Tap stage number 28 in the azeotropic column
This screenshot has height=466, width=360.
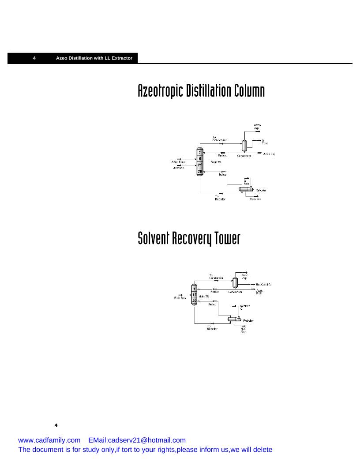[200, 171]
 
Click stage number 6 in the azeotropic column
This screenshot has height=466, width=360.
[200, 158]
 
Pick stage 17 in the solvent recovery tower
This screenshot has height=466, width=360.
[194, 295]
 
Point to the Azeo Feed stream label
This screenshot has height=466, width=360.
[178, 162]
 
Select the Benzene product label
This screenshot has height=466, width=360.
[255, 199]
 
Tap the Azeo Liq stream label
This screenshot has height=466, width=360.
[269, 154]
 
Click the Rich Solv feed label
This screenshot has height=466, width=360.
[180, 298]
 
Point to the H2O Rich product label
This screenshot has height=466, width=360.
[244, 330]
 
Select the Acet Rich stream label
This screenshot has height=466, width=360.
[259, 292]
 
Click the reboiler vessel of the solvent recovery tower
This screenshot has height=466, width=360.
[232, 319]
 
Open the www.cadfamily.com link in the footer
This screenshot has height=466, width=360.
[49, 440]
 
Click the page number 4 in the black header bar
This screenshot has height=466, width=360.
[34, 58]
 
